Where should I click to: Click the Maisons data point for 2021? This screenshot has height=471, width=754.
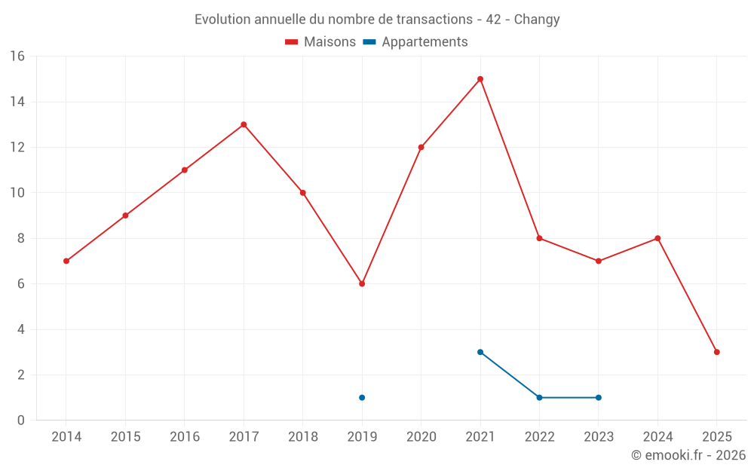480,79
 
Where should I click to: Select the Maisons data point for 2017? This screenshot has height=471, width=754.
244,124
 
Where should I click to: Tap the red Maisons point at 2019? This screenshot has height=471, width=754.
362,284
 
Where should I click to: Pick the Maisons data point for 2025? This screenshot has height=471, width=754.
717,352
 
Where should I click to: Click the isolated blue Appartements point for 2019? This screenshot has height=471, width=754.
362,398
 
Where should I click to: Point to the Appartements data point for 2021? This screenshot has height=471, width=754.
480,352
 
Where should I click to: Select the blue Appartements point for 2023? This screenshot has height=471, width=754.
599,398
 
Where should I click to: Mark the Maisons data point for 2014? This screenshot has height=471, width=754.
66,261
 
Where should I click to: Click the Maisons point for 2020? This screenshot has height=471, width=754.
421,147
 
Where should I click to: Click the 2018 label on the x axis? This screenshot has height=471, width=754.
302,437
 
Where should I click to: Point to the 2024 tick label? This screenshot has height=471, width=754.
657,437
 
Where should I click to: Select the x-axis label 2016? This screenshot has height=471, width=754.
184,437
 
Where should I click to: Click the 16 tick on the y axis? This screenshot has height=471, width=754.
17,57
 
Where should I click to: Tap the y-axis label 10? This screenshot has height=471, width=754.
17,193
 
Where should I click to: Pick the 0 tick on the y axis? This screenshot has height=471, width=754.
21,421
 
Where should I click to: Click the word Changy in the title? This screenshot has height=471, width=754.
537,20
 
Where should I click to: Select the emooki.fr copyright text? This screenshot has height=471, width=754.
688,455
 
